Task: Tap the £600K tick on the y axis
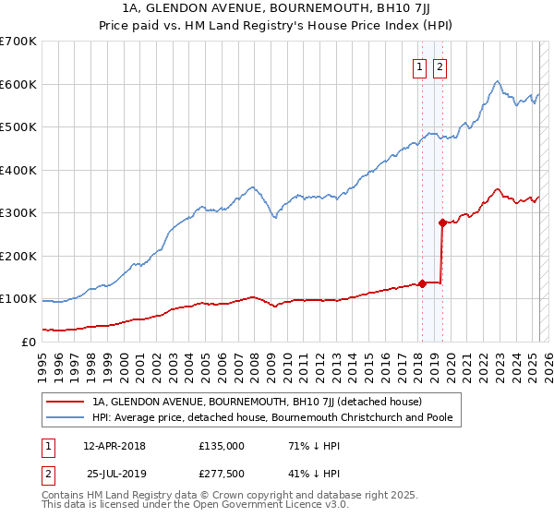(x=18, y=84)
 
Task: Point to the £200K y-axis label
(x=18, y=256)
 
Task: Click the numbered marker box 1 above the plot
(x=420, y=66)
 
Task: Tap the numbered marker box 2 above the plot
(x=440, y=66)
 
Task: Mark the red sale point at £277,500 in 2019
(x=442, y=222)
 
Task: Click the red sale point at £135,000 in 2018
(x=422, y=283)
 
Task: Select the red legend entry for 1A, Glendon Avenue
(x=257, y=402)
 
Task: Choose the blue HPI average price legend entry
(x=277, y=418)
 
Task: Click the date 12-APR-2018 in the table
(x=114, y=446)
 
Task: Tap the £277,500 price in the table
(x=221, y=474)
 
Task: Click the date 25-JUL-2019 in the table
(x=114, y=474)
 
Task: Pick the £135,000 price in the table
(x=221, y=446)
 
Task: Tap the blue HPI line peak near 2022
(x=497, y=81)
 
